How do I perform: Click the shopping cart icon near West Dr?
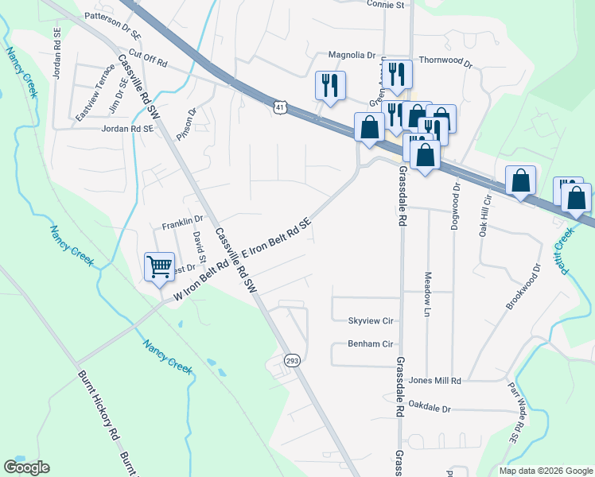tap(160, 266)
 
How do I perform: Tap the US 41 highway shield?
tap(278, 106)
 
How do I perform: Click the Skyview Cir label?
tap(371, 321)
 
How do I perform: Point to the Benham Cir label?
tap(371, 344)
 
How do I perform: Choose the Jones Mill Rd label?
tap(435, 382)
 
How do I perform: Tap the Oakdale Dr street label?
tap(430, 408)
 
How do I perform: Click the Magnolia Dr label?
tap(352, 56)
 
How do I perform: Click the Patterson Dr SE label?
tap(112, 15)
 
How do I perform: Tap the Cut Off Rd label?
tap(150, 60)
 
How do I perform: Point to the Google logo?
tap(26, 467)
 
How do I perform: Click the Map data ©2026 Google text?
tap(546, 471)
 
